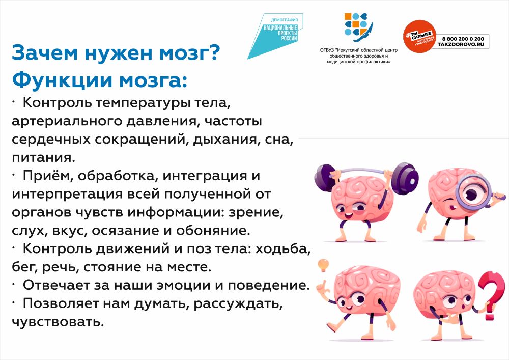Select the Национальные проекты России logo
275,36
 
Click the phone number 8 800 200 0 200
463,39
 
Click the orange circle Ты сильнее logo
419,36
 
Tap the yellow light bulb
323,265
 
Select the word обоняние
213,231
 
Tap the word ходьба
283,249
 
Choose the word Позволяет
61,303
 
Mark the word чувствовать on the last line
58,322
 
